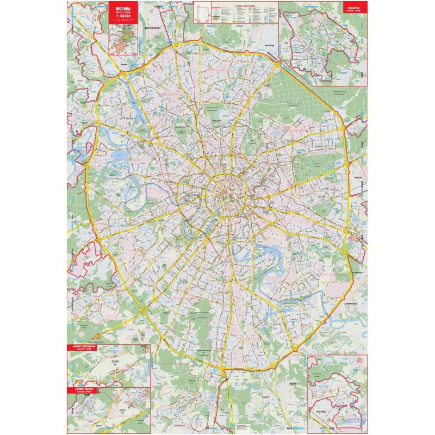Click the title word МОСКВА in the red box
tap(123, 9)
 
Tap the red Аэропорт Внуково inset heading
tap(86, 391)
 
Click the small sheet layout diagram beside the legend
tap(204, 11)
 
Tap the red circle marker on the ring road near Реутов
tap(351, 238)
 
